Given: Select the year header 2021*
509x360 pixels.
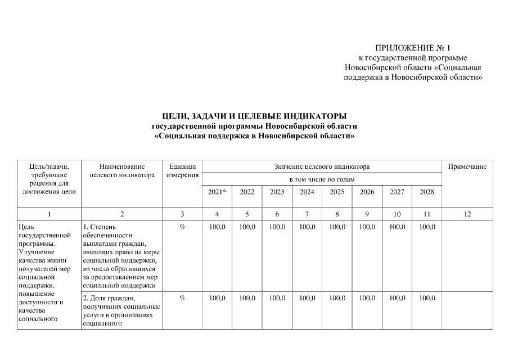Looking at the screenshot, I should [217, 192].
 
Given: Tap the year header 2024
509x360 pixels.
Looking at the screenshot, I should [307, 192].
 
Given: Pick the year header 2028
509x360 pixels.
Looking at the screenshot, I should [427, 192].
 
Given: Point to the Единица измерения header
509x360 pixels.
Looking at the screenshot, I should [182, 170].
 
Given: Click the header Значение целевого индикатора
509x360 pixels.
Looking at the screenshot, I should [322, 166].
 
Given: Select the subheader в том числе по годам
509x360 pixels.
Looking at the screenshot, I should [322, 179].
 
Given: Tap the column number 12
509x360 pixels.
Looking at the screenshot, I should [467, 214].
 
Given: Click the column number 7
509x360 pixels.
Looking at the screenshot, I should [307, 214].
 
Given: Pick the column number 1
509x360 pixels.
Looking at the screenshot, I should [49, 214].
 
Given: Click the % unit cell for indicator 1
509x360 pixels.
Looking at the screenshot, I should [182, 227].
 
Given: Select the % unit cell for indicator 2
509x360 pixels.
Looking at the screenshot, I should [182, 298].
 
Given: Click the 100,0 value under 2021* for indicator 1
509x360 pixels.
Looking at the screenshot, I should [217, 227].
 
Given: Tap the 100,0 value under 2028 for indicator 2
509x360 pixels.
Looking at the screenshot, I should [427, 298].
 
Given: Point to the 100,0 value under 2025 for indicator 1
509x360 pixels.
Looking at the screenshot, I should [337, 227].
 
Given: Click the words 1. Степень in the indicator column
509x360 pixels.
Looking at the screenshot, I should [97, 227].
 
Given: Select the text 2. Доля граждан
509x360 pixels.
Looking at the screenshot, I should [109, 298].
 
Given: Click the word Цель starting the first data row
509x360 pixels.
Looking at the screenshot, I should [26, 227].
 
